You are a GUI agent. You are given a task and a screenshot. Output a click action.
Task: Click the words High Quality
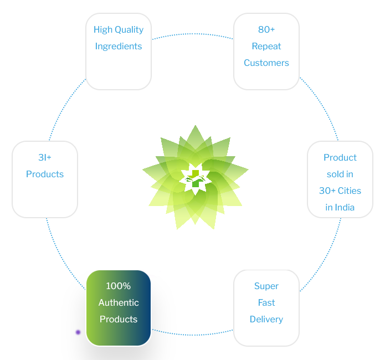click(x=119, y=30)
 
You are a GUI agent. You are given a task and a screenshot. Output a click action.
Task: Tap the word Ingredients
click(x=119, y=47)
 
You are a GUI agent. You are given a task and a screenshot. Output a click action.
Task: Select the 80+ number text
click(x=266, y=29)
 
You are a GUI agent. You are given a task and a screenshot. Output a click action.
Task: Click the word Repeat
click(x=266, y=47)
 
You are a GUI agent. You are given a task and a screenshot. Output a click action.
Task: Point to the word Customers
click(x=266, y=63)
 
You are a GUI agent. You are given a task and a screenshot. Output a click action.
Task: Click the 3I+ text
click(x=45, y=157)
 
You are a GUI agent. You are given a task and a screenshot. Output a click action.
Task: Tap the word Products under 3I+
click(x=45, y=174)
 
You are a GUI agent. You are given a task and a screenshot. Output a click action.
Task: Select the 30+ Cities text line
click(x=340, y=191)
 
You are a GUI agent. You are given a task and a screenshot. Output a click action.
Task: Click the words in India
click(x=340, y=208)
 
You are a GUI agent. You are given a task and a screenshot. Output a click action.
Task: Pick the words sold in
click(x=340, y=174)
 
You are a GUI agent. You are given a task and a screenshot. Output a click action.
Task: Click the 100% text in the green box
click(x=119, y=286)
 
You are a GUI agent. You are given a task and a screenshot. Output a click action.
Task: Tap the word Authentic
click(x=119, y=302)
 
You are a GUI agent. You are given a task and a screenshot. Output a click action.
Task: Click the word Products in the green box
click(x=119, y=319)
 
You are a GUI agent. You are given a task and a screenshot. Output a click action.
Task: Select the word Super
click(x=266, y=286)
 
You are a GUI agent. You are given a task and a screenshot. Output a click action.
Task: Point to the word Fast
click(x=266, y=302)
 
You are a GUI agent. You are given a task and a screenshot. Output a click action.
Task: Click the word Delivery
click(x=266, y=320)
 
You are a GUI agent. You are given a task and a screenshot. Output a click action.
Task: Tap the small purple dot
click(x=78, y=332)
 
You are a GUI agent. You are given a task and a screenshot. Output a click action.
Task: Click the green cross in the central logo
click(x=196, y=178)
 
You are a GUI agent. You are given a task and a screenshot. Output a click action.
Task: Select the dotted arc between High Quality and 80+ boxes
click(x=193, y=34)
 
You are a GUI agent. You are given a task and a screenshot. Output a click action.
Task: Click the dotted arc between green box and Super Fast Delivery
click(x=193, y=335)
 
